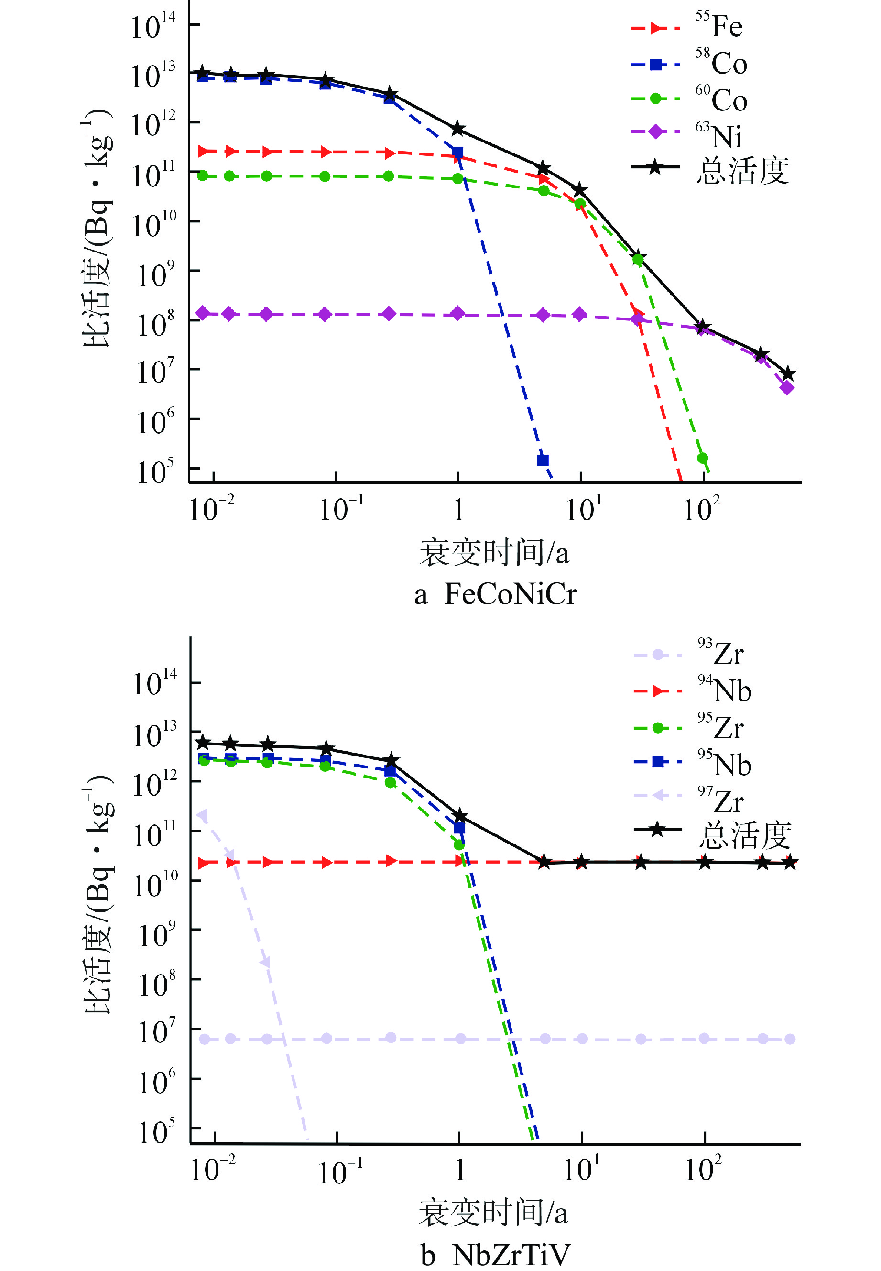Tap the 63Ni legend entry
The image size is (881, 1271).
pyautogui.click(x=687, y=132)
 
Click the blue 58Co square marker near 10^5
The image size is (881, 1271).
pyautogui.click(x=543, y=460)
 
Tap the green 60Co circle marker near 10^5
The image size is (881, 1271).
pyautogui.click(x=703, y=458)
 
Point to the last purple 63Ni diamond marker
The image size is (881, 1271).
pyautogui.click(x=787, y=388)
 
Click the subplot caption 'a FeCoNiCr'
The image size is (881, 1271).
pyautogui.click(x=495, y=595)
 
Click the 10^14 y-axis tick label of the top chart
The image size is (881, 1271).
pyautogui.click(x=153, y=25)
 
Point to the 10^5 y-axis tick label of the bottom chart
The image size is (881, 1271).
pyautogui.click(x=156, y=1129)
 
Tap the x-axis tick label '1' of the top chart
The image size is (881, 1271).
pyautogui.click(x=458, y=509)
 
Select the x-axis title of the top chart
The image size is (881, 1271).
pyautogui.click(x=494, y=553)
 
